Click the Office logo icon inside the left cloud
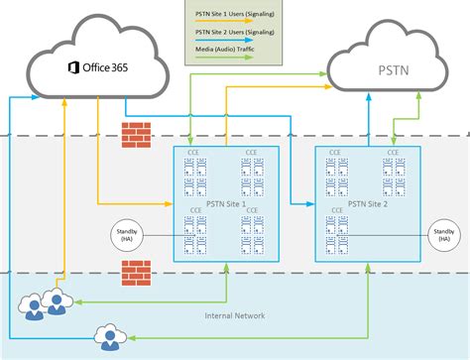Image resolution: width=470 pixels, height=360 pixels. click(x=73, y=67)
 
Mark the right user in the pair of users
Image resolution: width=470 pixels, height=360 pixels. click(x=58, y=302)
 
